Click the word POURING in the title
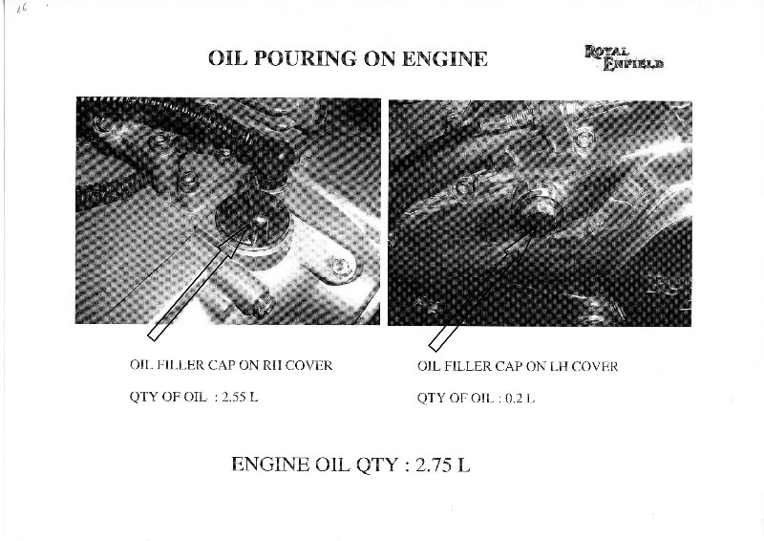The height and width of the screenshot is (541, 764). point(305,58)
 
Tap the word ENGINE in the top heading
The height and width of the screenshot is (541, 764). point(444,58)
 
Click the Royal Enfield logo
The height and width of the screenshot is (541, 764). point(624,58)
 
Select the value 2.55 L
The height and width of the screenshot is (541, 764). point(240,397)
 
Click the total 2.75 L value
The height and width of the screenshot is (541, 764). point(443,465)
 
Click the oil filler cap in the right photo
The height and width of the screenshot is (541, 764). point(536,205)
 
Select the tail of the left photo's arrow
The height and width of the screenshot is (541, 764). point(153,335)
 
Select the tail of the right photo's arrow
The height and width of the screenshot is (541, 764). point(434,345)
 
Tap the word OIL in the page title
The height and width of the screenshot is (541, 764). point(227,58)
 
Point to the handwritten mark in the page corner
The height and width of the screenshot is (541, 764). point(21,9)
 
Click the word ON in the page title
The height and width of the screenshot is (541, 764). point(379,58)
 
